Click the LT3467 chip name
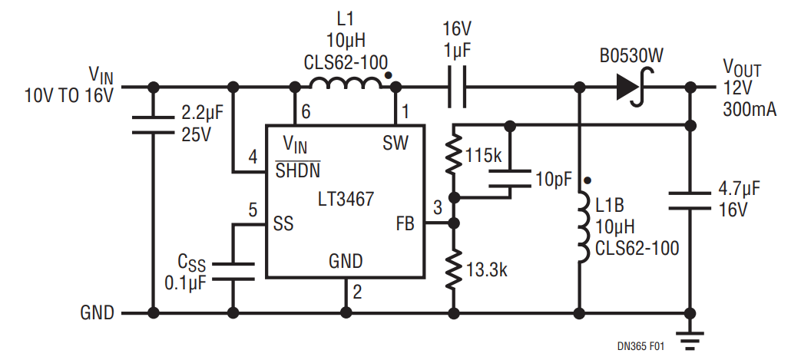346,199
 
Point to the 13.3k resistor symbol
454,269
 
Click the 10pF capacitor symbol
509,178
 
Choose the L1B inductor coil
582,227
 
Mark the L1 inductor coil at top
346,83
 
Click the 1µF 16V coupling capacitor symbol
457,88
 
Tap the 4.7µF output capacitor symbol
690,200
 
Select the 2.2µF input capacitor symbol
153,125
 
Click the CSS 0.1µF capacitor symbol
233,272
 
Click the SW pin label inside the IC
396,144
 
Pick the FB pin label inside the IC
405,223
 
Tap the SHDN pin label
298,170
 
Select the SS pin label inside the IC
283,223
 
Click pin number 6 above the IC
306,112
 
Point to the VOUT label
742,68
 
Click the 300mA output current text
750,109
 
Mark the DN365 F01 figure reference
640,347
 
